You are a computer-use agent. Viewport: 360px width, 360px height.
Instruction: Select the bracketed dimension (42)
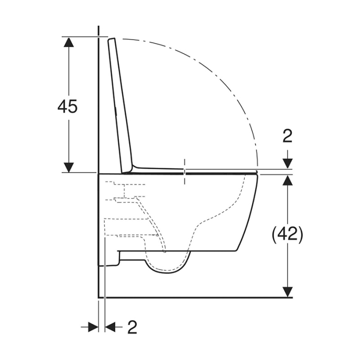287,235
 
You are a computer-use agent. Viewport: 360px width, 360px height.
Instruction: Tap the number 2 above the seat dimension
287,136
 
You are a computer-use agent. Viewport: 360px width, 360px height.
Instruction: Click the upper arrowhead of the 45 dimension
68,43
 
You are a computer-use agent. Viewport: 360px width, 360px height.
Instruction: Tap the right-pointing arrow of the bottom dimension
92,327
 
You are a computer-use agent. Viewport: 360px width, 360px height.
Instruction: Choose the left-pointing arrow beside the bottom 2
111,327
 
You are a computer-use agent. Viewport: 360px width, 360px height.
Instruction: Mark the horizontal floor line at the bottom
195,297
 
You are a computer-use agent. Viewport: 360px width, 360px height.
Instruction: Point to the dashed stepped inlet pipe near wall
123,201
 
